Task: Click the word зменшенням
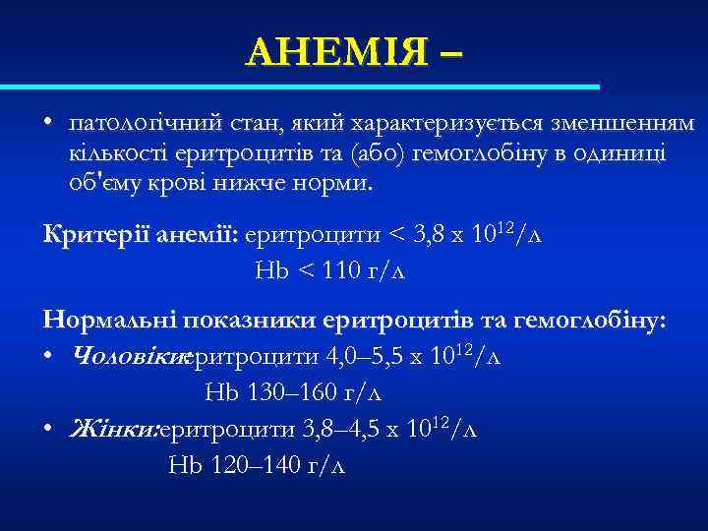624,124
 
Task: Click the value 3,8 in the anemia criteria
426,235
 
